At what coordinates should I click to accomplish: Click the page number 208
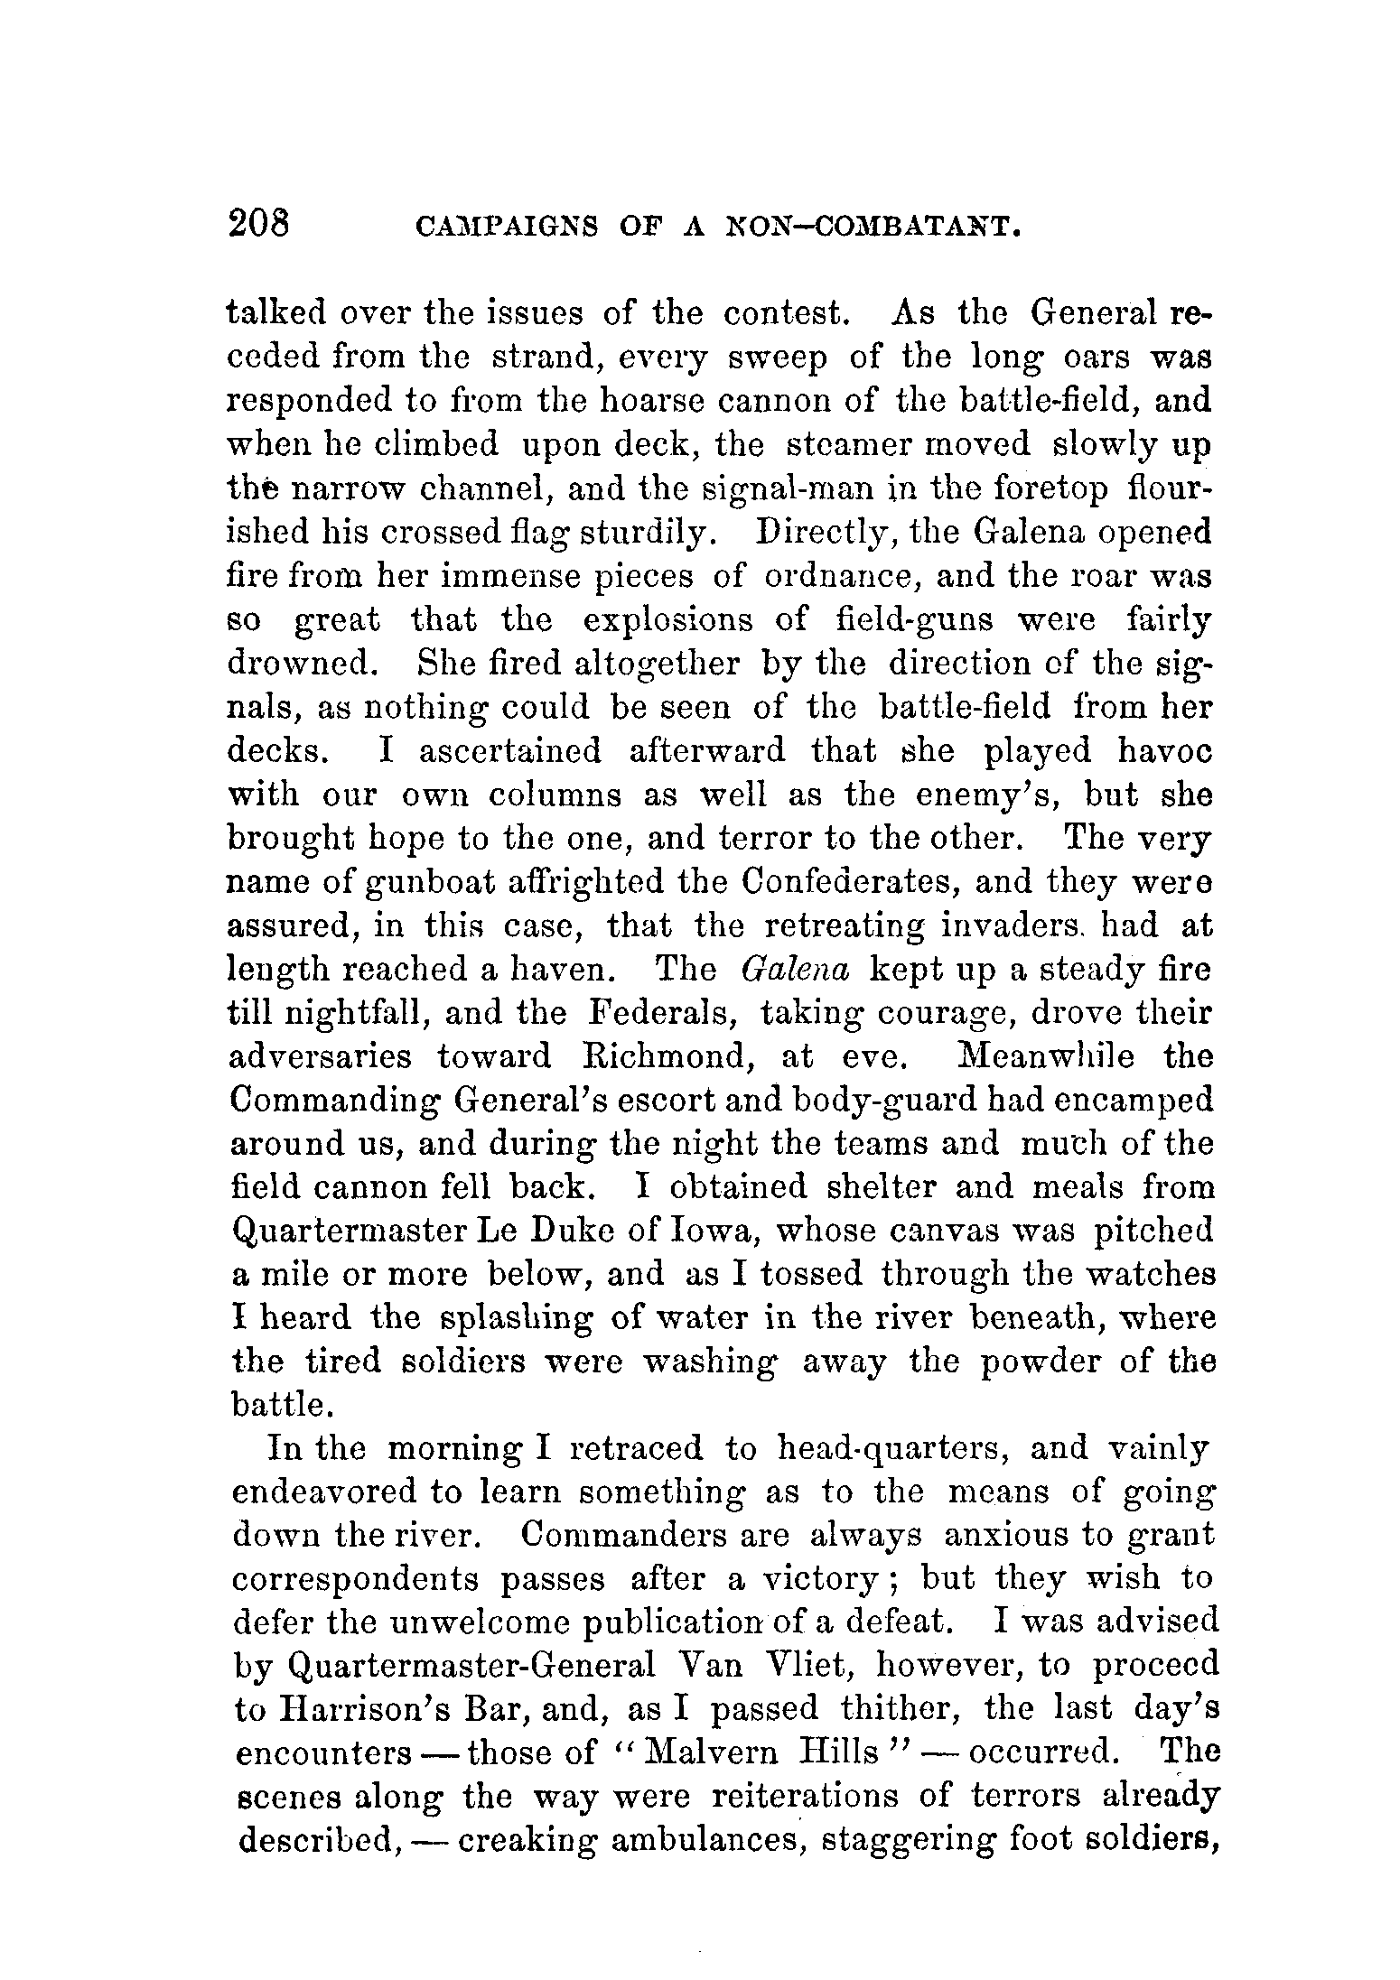tap(258, 222)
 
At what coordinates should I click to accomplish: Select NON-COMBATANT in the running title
tap(868, 226)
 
